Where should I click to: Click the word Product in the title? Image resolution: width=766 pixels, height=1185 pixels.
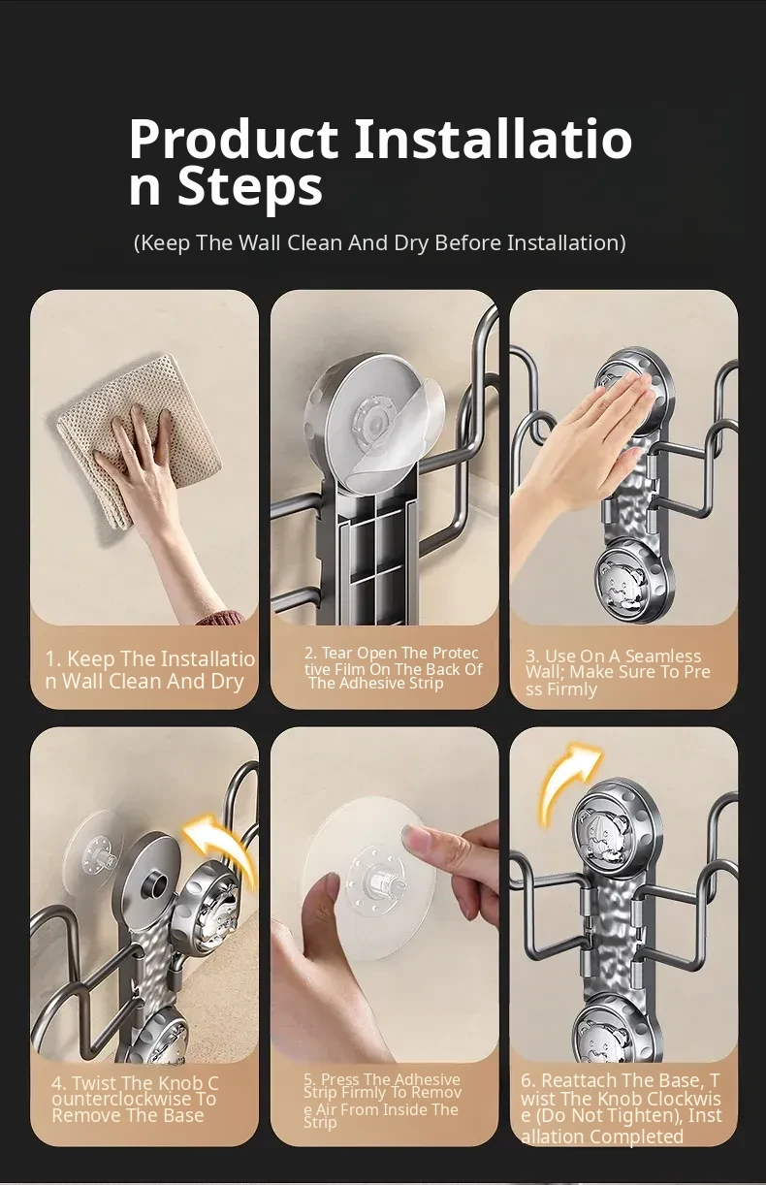click(x=234, y=139)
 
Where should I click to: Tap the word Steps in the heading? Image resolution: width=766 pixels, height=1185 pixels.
click(x=250, y=186)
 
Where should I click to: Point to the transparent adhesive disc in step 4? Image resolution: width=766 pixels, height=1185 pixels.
click(x=94, y=850)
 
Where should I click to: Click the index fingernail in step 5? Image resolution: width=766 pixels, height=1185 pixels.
click(x=416, y=836)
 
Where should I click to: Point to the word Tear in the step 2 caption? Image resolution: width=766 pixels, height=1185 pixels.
click(x=337, y=653)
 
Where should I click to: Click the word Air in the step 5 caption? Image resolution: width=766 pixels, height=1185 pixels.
click(x=327, y=1107)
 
